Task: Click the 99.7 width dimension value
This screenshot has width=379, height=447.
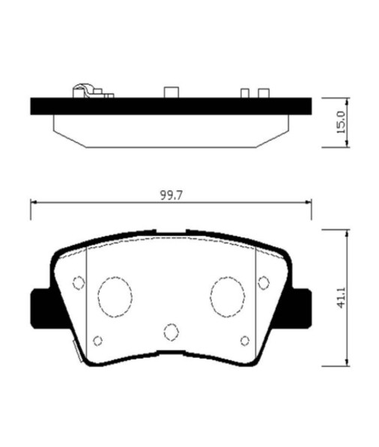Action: [x=171, y=195]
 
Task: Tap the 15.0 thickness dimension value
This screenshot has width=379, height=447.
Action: [x=341, y=122]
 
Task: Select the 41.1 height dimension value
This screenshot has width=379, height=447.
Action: [x=341, y=297]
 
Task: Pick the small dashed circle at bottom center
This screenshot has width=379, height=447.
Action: [x=172, y=332]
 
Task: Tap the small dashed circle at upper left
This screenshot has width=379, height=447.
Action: [x=79, y=283]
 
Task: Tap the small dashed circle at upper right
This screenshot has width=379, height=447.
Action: [x=264, y=283]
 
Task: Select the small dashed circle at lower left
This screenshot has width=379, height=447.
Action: [x=98, y=341]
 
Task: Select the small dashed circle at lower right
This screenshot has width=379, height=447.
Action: [x=245, y=341]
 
